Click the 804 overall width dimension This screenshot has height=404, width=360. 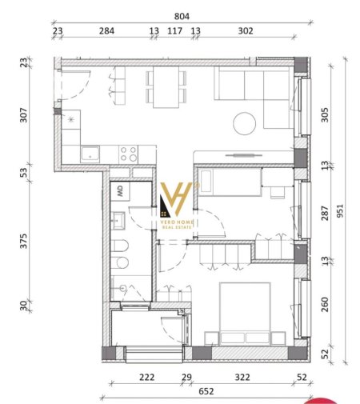coord(181,14)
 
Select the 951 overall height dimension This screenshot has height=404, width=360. coord(342,210)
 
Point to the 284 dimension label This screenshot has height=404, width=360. coord(106,31)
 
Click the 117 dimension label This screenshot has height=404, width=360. coord(174,31)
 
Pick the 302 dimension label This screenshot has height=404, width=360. coord(246,31)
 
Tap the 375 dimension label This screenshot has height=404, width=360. coord(23,241)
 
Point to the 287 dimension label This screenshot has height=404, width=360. coord(324,213)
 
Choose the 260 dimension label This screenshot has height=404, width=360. coord(324,305)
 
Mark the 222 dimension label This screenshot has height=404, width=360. coord(146,376)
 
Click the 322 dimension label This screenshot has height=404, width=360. coord(242,376)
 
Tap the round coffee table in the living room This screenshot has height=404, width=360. coord(244,122)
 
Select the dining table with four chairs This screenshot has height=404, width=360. coord(166,86)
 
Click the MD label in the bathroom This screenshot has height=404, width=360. coord(120,190)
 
